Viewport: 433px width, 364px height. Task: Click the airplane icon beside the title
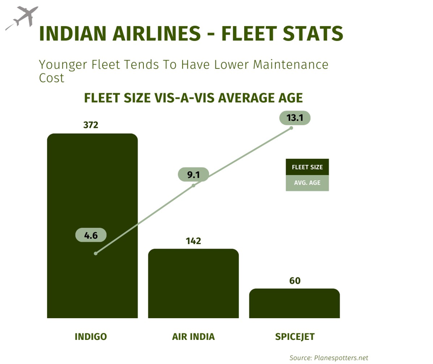click(21, 18)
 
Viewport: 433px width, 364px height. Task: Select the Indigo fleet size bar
click(92, 197)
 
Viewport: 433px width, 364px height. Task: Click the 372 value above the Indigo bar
click(91, 125)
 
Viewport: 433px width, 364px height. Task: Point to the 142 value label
click(193, 241)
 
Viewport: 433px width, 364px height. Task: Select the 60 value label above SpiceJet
click(295, 281)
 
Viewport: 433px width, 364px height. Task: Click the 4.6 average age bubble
click(91, 235)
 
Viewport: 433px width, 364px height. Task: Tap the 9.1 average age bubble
click(193, 174)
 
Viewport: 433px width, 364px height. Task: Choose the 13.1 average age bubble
click(295, 117)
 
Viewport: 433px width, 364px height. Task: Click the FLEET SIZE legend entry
click(307, 167)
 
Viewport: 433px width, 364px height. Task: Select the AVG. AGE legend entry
click(307, 183)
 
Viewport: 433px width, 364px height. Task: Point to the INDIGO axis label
click(91, 337)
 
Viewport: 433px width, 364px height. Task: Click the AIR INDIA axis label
click(193, 337)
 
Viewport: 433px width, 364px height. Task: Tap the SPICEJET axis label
click(295, 337)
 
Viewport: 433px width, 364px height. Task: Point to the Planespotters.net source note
click(329, 358)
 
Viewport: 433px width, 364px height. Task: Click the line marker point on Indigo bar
click(95, 254)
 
